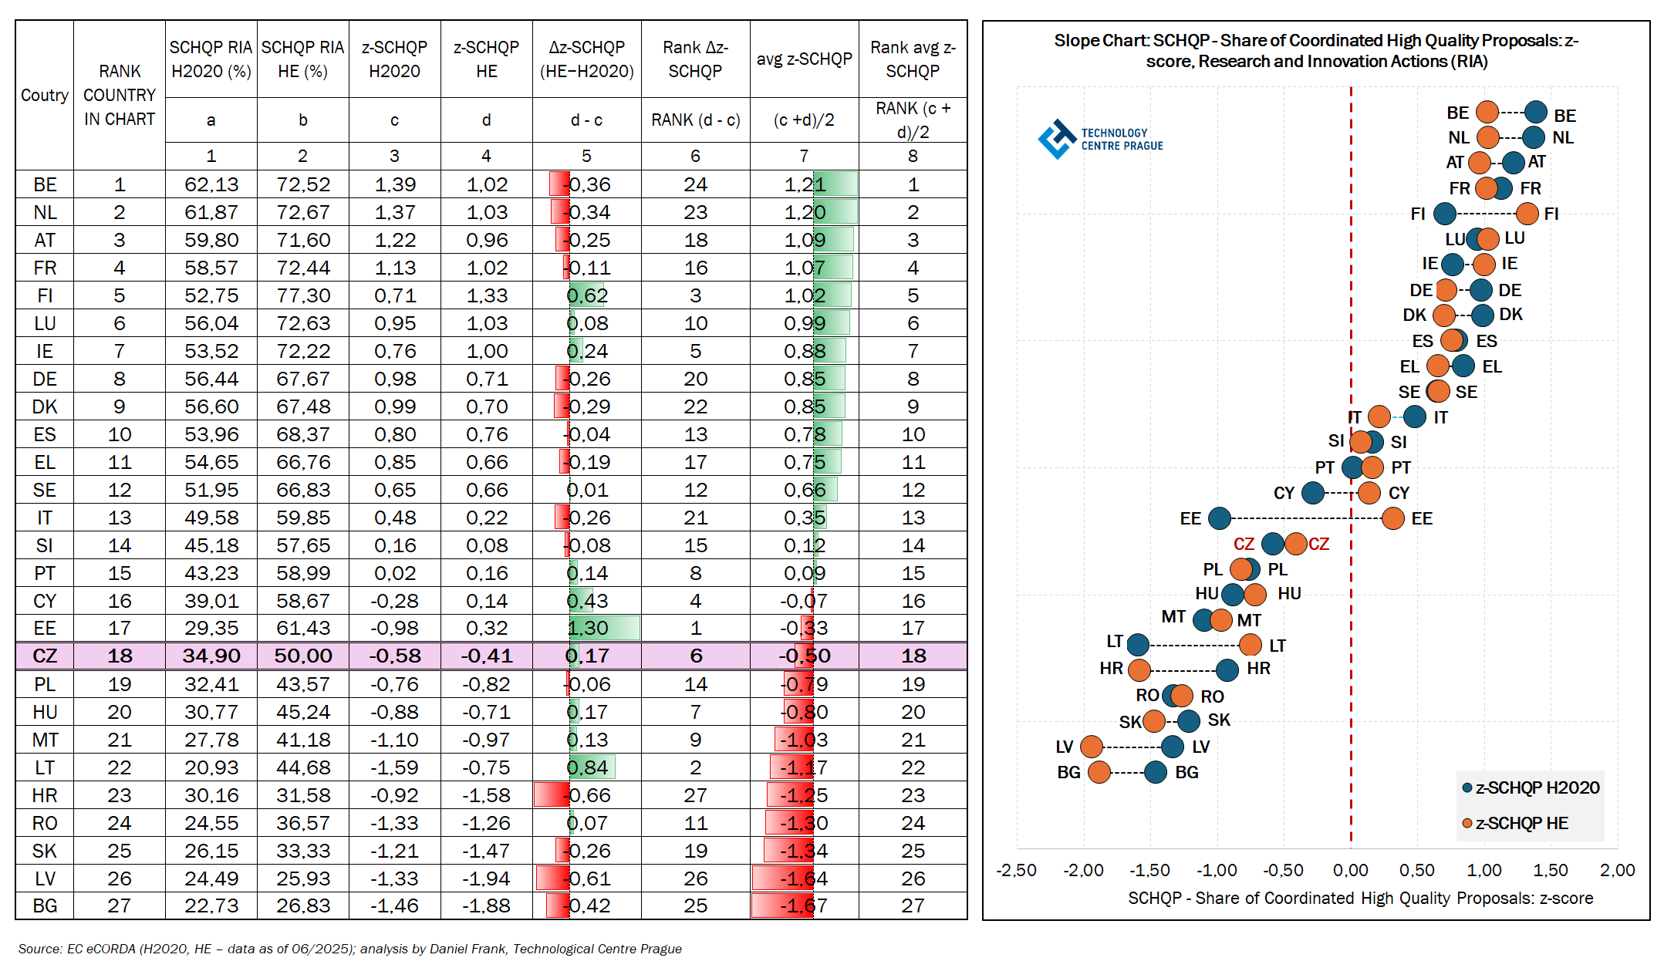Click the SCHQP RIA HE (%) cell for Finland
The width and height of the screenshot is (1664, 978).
[302, 295]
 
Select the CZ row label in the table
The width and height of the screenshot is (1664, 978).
[45, 656]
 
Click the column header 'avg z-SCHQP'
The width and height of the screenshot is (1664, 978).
[804, 59]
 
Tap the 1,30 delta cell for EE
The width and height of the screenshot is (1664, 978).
[588, 629]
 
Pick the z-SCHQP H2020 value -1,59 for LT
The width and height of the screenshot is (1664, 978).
[394, 767]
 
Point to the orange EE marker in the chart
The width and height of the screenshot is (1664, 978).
[1392, 518]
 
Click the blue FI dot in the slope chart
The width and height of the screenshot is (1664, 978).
[1444, 214]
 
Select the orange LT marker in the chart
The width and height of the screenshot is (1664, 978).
[1251, 645]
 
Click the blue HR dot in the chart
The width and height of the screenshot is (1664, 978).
[1227, 669]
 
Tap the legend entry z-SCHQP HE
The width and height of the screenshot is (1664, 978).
[1521, 824]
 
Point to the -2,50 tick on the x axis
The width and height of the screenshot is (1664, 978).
[1016, 871]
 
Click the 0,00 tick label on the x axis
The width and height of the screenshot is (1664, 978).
[1350, 871]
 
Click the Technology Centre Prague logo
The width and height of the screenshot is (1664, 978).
[1100, 140]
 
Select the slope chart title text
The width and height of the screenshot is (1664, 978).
[1316, 51]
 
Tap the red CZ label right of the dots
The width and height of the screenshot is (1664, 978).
[1318, 545]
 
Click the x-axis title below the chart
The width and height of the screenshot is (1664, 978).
[1360, 899]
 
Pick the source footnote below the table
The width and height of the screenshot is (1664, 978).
[349, 949]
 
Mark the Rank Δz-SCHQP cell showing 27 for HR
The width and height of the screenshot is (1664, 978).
[695, 795]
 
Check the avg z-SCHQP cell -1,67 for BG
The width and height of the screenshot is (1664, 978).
[804, 906]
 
